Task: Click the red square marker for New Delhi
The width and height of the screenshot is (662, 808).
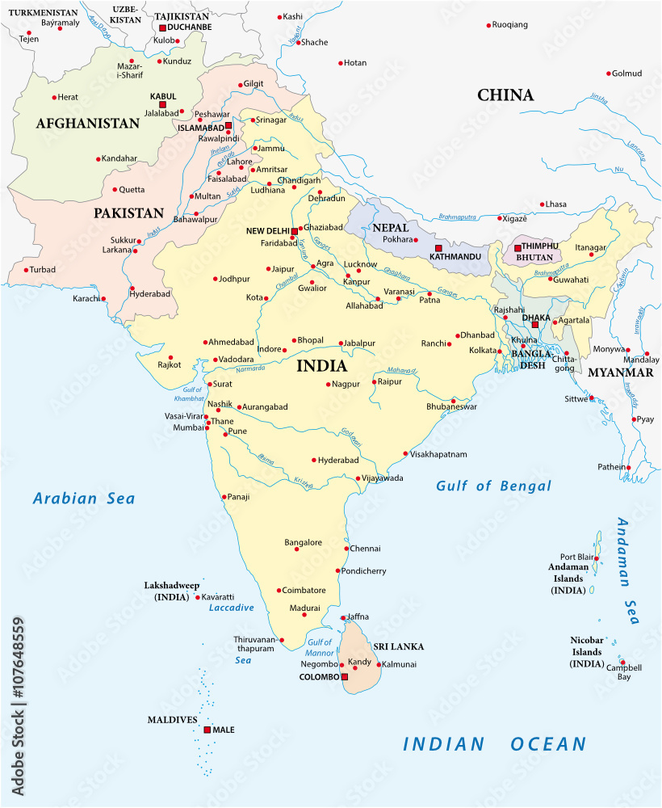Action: (294, 230)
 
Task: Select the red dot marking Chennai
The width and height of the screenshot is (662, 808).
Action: (346, 549)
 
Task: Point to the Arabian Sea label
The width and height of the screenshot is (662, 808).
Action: (84, 499)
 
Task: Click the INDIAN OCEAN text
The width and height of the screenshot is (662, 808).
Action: (495, 744)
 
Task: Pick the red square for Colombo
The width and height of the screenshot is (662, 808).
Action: (345, 676)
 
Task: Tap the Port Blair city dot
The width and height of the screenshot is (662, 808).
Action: (596, 558)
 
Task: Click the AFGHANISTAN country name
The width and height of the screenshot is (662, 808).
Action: (87, 124)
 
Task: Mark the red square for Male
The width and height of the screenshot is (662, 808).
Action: (207, 730)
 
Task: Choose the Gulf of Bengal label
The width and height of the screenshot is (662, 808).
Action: (493, 486)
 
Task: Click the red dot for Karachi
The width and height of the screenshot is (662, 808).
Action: (103, 299)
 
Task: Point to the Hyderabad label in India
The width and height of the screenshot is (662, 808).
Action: (338, 460)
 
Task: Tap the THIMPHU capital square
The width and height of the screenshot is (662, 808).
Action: (517, 248)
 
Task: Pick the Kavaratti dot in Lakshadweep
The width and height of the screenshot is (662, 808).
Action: (198, 597)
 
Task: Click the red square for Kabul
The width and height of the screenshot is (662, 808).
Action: (162, 104)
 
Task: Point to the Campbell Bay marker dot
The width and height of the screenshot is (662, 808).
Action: (622, 661)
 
